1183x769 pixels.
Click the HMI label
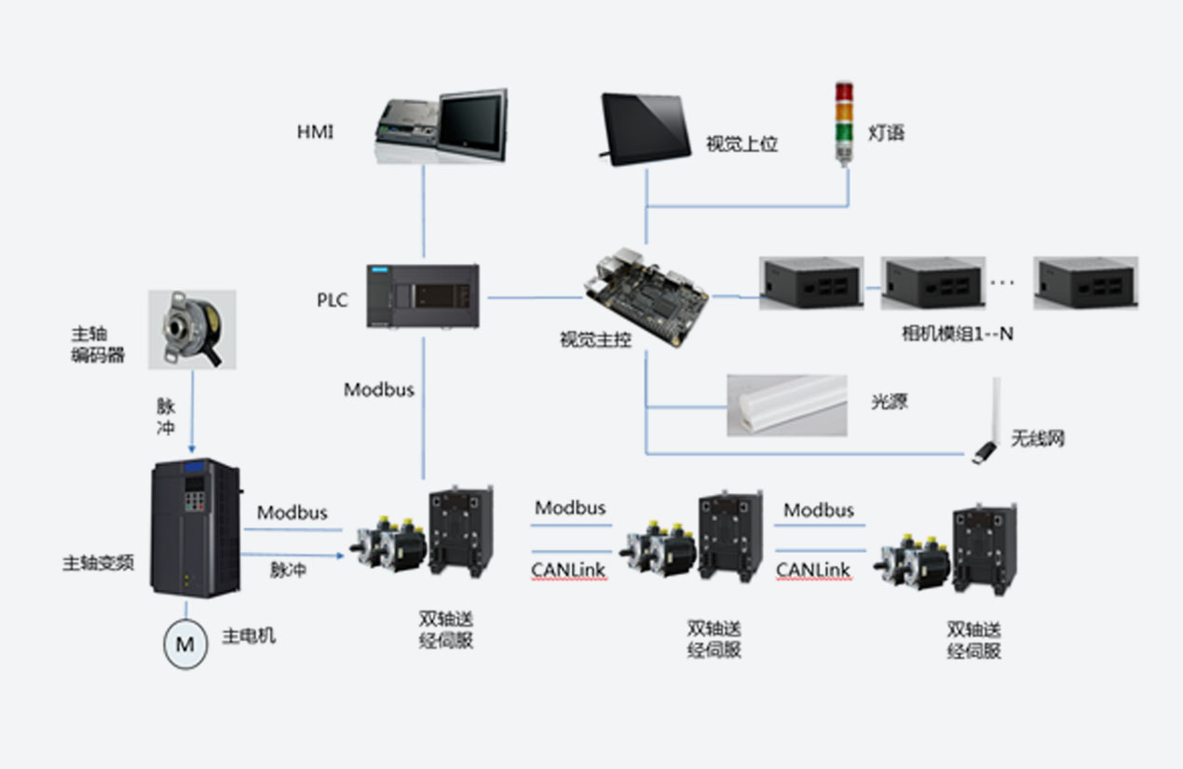tap(315, 132)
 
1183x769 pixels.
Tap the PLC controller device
tap(423, 296)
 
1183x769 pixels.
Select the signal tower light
tap(843, 123)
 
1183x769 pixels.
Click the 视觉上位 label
tap(741, 144)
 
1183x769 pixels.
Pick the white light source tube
tap(787, 405)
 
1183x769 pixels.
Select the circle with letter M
tap(185, 644)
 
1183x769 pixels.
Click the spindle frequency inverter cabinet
tap(195, 527)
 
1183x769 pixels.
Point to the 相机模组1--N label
tap(957, 334)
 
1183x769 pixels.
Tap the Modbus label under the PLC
tap(379, 390)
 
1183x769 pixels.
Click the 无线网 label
tap(1037, 438)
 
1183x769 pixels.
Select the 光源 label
tap(889, 403)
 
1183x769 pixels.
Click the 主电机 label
tap(249, 638)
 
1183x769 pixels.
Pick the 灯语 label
tap(886, 133)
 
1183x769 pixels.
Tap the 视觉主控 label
tap(595, 340)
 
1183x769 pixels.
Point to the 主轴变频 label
tap(98, 563)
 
